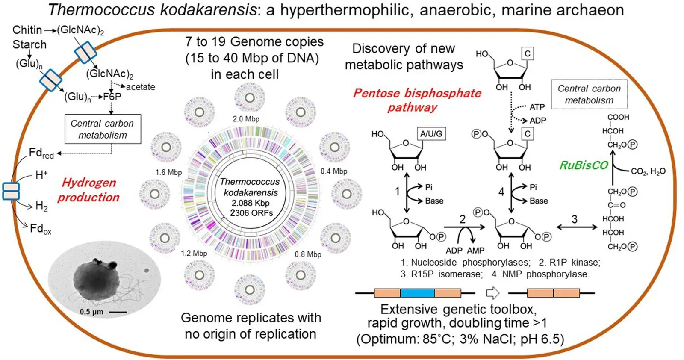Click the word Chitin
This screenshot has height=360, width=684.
pos(27,30)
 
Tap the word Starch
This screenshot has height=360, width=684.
pos(29,44)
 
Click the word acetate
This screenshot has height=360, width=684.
pos(140,87)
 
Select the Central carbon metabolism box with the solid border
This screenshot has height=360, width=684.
pos(103,129)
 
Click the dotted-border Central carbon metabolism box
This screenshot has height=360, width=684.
pos(589,94)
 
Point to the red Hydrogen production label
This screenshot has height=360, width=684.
pos(88,190)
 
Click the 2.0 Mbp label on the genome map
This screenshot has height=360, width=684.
pos(246,119)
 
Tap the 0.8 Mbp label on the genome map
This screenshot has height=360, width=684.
pos(308,254)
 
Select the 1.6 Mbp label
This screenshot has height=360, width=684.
pos(168,172)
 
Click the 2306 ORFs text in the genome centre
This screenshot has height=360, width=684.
pos(251,213)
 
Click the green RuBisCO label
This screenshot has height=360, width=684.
pos(584,165)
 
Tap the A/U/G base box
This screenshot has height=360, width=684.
pos(431,134)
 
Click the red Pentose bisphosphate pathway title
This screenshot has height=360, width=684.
pos(417,100)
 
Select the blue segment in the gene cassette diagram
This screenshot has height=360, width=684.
pos(417,293)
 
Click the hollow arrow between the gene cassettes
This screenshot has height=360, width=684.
pos(493,293)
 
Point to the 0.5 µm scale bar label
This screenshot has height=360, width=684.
pos(91,312)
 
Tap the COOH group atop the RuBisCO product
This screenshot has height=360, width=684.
pos(618,117)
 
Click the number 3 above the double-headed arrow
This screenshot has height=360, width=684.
pos(575,219)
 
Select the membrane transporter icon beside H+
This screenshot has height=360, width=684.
pos(11,191)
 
